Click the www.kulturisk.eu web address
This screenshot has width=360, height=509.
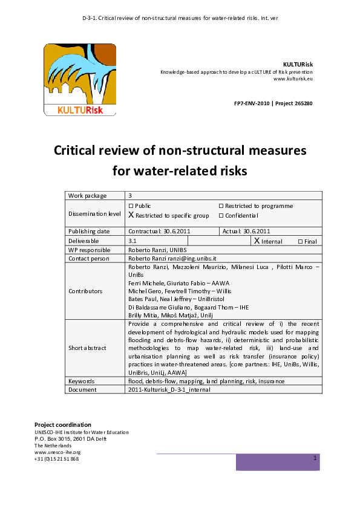click(x=293, y=79)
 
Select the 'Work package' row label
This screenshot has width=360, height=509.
click(x=87, y=196)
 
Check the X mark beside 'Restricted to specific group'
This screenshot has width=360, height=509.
click(x=131, y=215)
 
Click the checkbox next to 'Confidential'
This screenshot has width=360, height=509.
click(x=221, y=215)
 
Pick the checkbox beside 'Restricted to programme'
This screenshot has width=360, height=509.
click(x=221, y=206)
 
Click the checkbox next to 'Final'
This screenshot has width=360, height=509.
click(x=300, y=241)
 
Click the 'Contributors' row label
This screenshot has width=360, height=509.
click(x=85, y=291)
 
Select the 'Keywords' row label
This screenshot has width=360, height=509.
click(x=82, y=381)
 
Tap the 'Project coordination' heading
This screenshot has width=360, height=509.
click(x=63, y=424)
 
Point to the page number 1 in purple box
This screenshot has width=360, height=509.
click(x=315, y=459)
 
